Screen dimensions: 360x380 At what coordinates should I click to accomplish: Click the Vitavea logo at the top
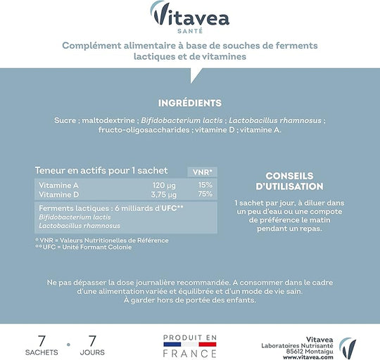189,14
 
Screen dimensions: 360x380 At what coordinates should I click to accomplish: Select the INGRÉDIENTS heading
189,103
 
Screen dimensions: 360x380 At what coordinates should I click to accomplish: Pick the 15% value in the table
205,184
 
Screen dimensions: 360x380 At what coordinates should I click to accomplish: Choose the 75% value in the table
205,193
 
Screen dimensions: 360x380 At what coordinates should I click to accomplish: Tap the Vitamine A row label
58,184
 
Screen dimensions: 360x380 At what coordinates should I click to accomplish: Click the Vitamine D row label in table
58,193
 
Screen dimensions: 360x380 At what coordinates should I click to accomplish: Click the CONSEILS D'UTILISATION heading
294,181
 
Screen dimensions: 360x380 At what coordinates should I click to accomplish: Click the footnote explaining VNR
101,240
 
